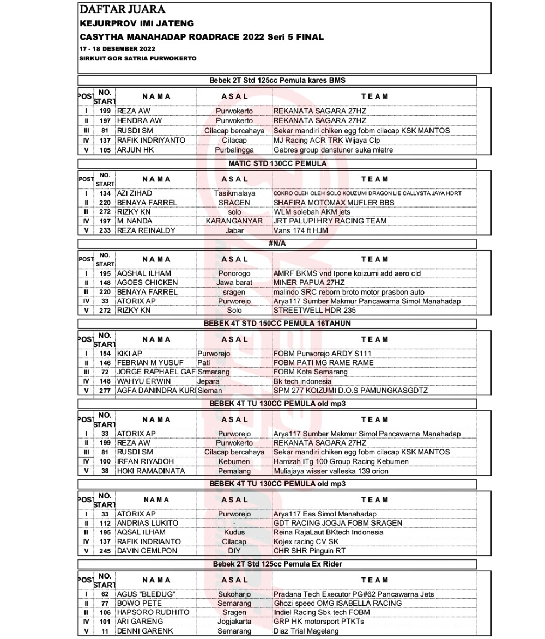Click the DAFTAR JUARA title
point(122,10)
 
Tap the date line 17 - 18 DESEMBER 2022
point(112,49)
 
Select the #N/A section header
point(277,244)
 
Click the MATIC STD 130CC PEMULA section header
point(277,163)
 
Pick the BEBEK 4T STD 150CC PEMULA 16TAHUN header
point(277,324)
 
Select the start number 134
point(105,193)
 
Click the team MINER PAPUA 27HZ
point(309,283)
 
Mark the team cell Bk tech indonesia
point(302,381)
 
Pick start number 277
point(105,391)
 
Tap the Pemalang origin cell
point(234,471)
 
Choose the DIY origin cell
point(234,551)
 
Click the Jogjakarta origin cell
point(234,622)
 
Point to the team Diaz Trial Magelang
point(306,631)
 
